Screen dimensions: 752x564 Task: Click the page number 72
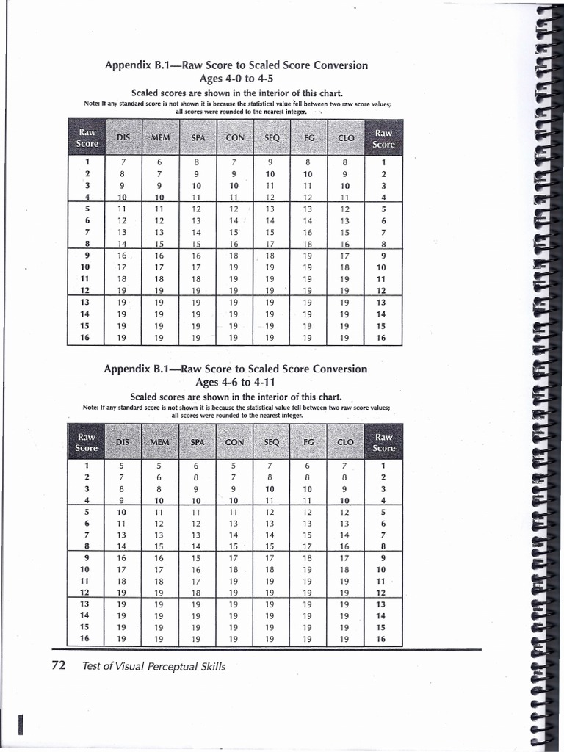pos(60,666)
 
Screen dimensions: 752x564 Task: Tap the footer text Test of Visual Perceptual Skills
pos(154,667)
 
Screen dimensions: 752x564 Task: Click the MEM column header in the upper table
pos(160,138)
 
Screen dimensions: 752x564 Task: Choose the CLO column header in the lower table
pos(345,442)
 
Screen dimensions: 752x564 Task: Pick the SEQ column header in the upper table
pos(270,138)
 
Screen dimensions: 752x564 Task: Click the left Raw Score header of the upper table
pos(87,138)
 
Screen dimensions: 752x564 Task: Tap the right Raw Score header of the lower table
pos(383,442)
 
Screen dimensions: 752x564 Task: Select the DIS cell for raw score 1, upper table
pos(123,162)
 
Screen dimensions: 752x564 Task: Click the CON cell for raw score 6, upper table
pos(234,220)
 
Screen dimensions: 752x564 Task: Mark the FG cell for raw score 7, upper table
pos(308,232)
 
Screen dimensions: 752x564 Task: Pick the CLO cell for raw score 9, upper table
pos(345,256)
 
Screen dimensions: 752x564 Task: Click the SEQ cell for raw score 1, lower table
pos(270,466)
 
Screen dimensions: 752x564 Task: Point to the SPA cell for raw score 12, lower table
pos(197,593)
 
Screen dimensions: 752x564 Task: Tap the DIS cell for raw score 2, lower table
pos(123,477)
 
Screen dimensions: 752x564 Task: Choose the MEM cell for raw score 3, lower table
pos(160,489)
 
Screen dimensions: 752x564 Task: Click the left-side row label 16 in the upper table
pos(87,338)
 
